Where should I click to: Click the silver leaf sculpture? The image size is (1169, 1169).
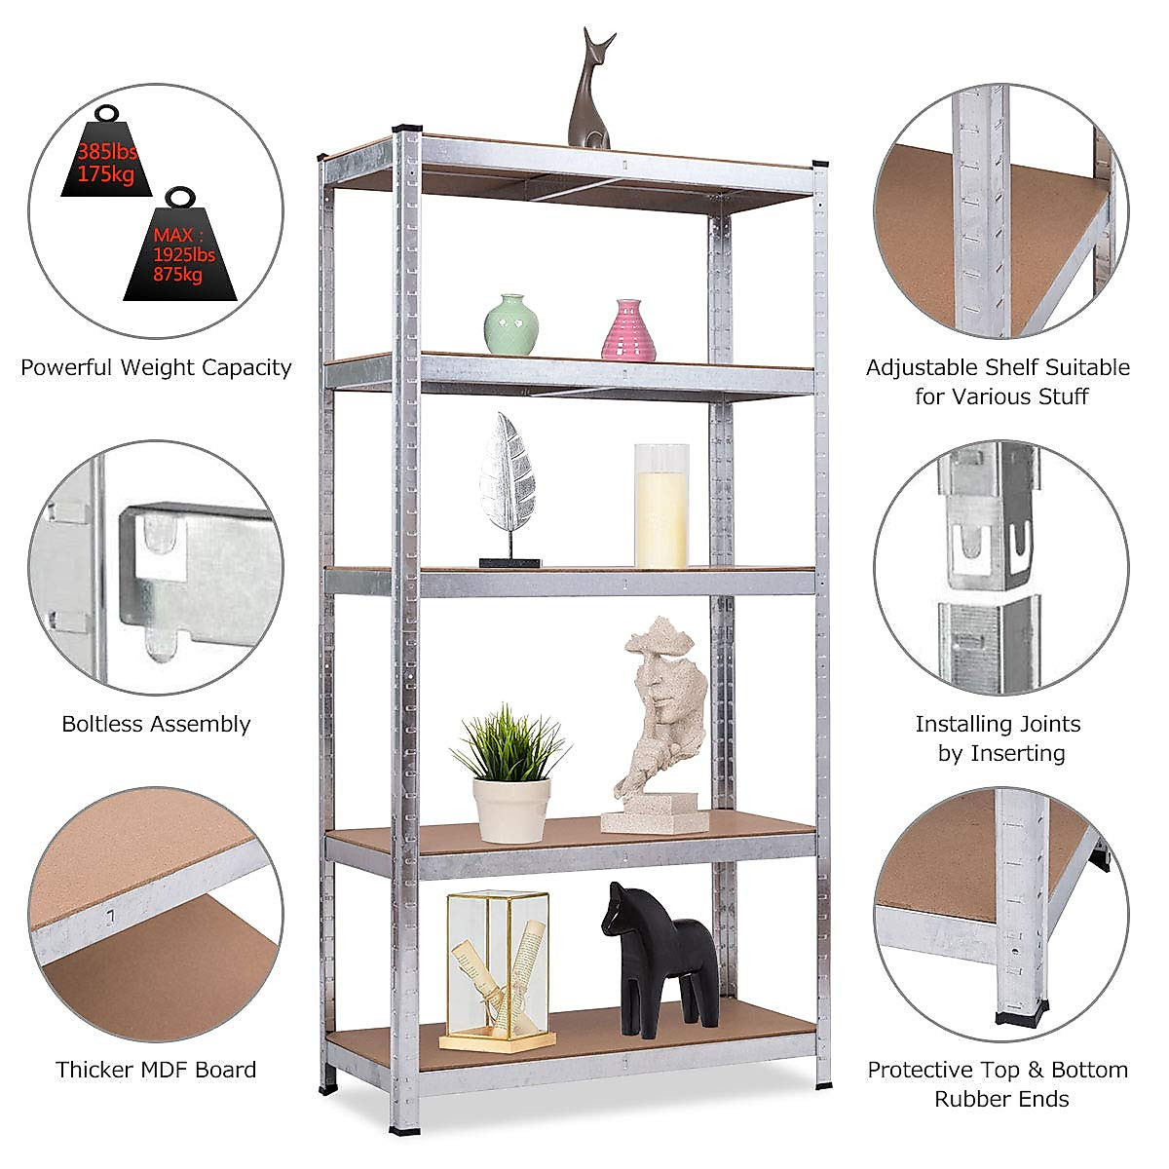pyautogui.click(x=508, y=477)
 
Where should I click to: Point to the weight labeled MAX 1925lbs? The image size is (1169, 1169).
pyautogui.click(x=181, y=248)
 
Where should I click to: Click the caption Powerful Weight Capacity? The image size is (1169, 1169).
pyautogui.click(x=156, y=367)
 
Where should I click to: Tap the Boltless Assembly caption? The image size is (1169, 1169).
pyautogui.click(x=156, y=724)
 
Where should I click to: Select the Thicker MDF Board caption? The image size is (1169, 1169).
pyautogui.click(x=156, y=1069)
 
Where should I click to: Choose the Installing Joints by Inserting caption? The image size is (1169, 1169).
pyautogui.click(x=999, y=738)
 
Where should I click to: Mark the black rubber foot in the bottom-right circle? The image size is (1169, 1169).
pyautogui.click(x=1022, y=1018)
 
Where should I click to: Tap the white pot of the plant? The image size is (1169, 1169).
pyautogui.click(x=510, y=809)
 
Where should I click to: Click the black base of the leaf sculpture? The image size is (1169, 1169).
pyautogui.click(x=509, y=562)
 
